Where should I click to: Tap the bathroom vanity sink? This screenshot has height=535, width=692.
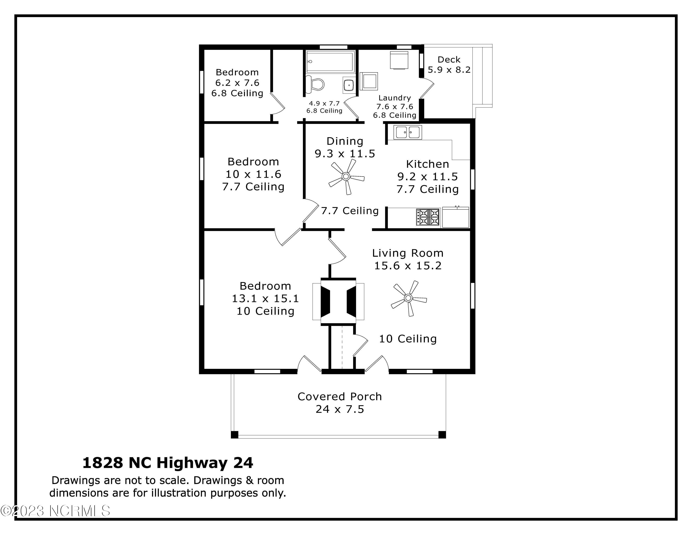tap(349, 85)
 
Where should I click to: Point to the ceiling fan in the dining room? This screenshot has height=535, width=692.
tap(346, 177)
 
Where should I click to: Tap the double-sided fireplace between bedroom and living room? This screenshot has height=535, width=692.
tap(338, 301)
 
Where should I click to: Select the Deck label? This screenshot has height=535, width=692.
tap(449, 60)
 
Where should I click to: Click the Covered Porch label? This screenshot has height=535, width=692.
tap(340, 397)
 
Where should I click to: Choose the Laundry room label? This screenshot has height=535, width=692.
tap(394, 98)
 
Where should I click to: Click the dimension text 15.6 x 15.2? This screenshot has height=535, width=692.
tap(408, 266)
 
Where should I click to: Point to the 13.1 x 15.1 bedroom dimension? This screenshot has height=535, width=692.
tap(265, 299)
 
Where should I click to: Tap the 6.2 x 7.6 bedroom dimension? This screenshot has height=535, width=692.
tap(237, 83)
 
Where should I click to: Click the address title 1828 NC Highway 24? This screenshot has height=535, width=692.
tap(168, 463)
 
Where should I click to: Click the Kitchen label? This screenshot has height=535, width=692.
tap(428, 164)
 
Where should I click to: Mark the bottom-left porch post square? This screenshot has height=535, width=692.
tap(234, 435)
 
